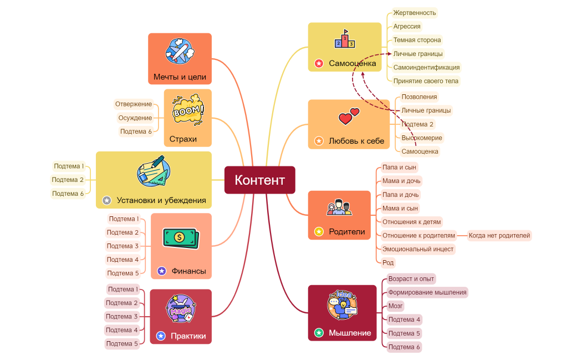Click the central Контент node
pyautogui.click(x=259, y=180)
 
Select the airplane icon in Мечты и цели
pyautogui.click(x=180, y=51)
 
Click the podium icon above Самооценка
pyautogui.click(x=345, y=39)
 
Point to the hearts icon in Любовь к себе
pyautogui.click(x=349, y=116)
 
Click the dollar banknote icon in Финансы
pyautogui.click(x=180, y=238)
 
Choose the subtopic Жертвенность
pyautogui.click(x=414, y=13)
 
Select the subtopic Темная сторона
pyautogui.click(x=417, y=40)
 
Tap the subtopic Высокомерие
pyautogui.click(x=422, y=138)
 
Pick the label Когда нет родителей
pyautogui.click(x=499, y=236)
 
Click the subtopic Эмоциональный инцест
pyautogui.click(x=417, y=249)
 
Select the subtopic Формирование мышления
pyautogui.click(x=427, y=292)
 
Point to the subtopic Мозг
pyautogui.click(x=395, y=306)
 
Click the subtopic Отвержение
pyautogui.click(x=134, y=104)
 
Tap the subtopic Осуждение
pyautogui.click(x=135, y=118)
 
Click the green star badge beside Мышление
pyautogui.click(x=319, y=333)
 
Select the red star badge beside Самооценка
pyautogui.click(x=319, y=63)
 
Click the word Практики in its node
pyautogui.click(x=188, y=336)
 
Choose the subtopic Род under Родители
pyautogui.click(x=388, y=262)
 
